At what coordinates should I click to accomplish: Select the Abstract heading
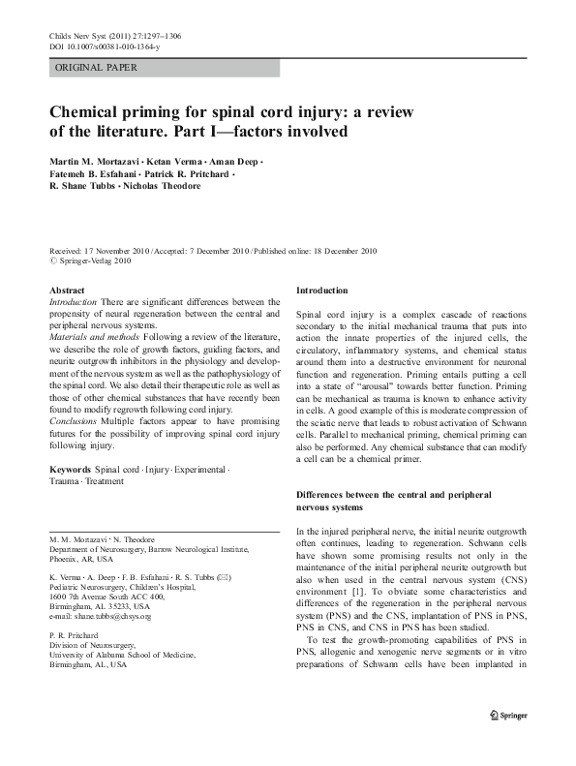(68, 291)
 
